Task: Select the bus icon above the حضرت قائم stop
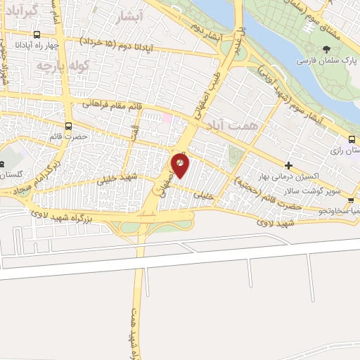(x=68, y=127)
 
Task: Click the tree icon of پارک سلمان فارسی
(x=325, y=49)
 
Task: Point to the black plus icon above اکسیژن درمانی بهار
(x=288, y=165)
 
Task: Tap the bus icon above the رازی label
(x=351, y=140)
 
